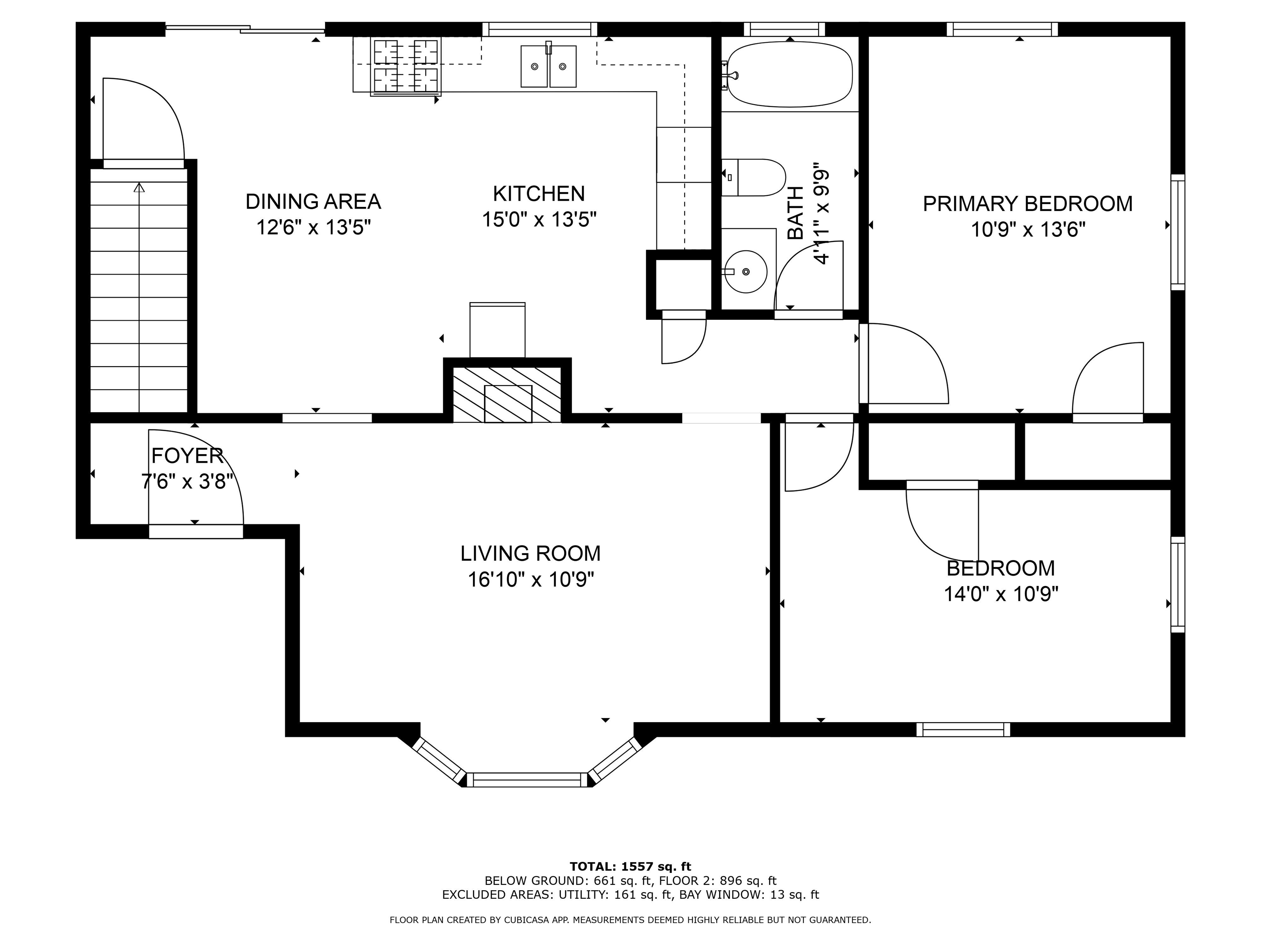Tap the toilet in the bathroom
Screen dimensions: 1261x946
tap(754, 177)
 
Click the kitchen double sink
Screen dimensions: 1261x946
tap(548, 66)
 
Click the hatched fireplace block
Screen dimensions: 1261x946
tap(507, 395)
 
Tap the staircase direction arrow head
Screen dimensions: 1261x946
tap(139, 187)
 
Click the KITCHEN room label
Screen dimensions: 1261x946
tap(539, 194)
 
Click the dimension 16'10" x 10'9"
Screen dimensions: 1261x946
tap(531, 579)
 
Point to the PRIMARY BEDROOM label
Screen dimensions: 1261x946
tap(1028, 204)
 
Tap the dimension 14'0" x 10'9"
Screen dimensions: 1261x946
tap(1001, 594)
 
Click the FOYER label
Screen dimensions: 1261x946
tap(187, 456)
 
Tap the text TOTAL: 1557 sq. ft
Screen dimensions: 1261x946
tap(630, 867)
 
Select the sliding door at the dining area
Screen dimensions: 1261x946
tap(245, 28)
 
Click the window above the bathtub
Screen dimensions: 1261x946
tap(784, 29)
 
